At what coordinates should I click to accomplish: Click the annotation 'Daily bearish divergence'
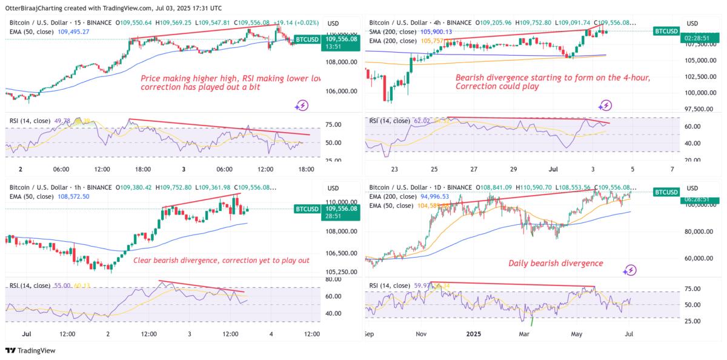pos(556,263)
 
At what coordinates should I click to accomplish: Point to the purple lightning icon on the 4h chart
pos(605,105)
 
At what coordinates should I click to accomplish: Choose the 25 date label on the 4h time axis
pos(434,169)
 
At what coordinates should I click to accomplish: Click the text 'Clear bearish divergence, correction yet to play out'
pos(221,261)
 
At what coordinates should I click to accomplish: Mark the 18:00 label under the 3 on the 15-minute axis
pos(307,169)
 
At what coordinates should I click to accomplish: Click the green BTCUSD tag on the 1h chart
pos(307,209)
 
